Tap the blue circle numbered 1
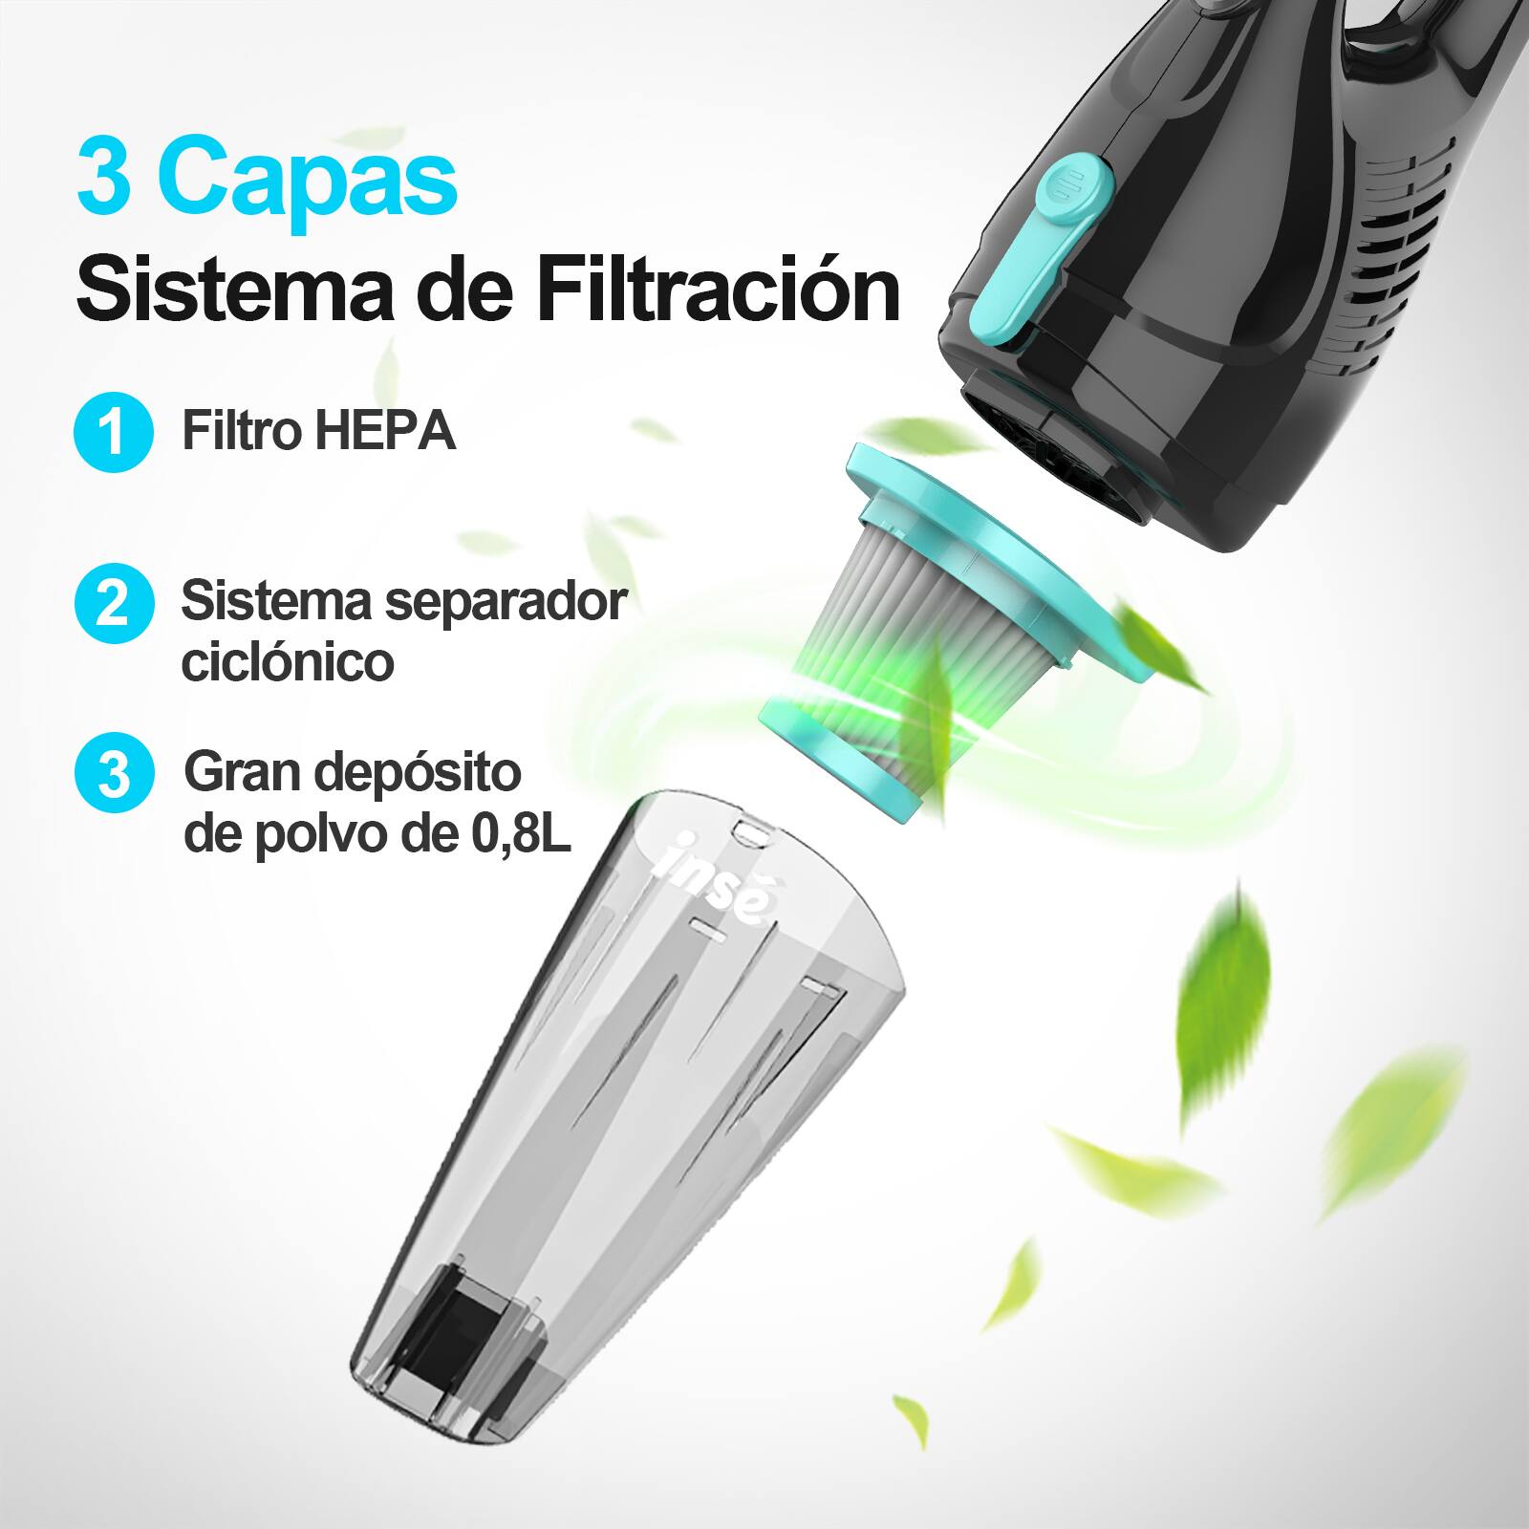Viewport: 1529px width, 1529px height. click(113, 433)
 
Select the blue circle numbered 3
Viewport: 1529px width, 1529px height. click(113, 773)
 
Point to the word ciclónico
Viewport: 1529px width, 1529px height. click(287, 661)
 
